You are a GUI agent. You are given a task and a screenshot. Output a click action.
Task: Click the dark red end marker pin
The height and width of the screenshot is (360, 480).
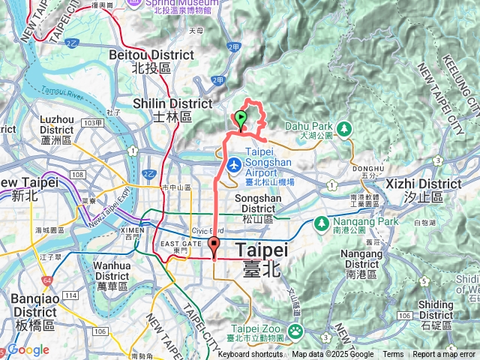point(214,244)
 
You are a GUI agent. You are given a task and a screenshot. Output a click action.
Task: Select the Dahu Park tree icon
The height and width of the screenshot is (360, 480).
point(344,128)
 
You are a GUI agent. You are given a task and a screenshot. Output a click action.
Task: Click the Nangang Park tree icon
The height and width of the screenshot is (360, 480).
point(320,223)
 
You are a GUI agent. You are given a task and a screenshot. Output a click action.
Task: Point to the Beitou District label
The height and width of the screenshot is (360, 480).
point(151,61)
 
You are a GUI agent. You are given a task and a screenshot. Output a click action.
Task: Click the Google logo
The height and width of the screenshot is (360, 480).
point(28,350)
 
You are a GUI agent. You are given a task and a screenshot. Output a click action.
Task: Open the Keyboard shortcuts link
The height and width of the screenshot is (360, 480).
point(250,355)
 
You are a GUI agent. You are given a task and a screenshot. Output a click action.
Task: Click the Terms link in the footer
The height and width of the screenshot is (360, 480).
point(393,355)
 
